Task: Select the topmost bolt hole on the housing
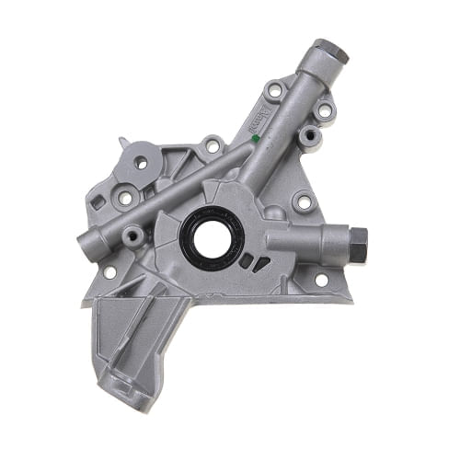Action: click(x=273, y=92)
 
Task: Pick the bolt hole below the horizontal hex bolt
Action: click(x=321, y=280)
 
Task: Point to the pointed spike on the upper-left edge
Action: click(x=122, y=142)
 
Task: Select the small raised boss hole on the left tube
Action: click(x=135, y=235)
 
